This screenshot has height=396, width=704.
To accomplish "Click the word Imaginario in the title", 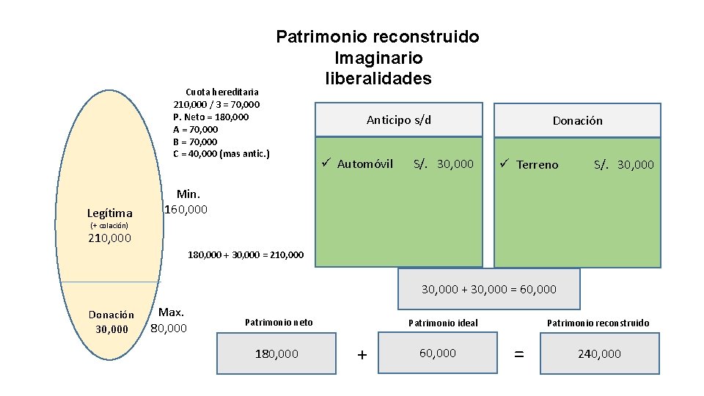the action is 378,57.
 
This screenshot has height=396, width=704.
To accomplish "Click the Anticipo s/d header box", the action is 399,120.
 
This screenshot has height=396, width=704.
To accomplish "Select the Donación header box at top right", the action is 577,120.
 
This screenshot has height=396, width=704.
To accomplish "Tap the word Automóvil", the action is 365,164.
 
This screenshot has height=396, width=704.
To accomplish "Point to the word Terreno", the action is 537,164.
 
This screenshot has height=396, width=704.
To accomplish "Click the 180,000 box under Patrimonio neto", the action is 276,353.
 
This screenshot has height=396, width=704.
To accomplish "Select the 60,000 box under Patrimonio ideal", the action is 438,353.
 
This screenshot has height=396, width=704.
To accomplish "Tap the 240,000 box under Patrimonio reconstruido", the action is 599,353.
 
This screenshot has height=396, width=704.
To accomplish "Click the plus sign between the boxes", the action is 361,355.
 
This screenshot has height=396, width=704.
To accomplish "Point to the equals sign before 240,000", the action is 518,354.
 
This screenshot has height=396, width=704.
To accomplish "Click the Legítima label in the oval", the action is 109,213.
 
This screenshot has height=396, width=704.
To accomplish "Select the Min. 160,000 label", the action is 187,202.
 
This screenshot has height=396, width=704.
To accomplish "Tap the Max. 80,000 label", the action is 169,320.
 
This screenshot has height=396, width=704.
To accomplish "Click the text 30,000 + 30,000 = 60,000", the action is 488,289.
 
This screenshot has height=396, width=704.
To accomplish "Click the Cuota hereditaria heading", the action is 221,92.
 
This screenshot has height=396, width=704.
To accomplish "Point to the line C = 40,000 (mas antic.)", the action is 221,153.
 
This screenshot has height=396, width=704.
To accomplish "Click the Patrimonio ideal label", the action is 443,323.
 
